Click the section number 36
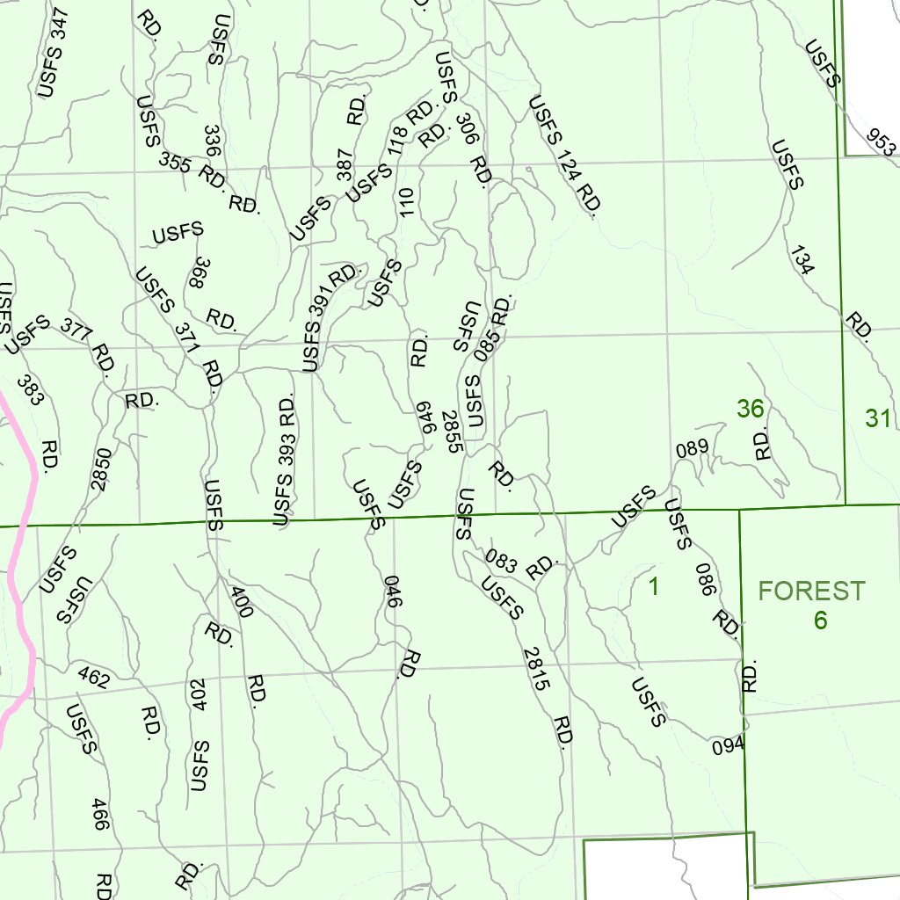[750, 409]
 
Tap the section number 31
[878, 418]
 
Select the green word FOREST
[812, 591]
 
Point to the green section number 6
[820, 621]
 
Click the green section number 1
[653, 586]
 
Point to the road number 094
[729, 746]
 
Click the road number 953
[881, 141]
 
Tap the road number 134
[802, 261]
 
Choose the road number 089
[692, 448]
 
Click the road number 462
[93, 677]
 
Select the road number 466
[100, 814]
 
